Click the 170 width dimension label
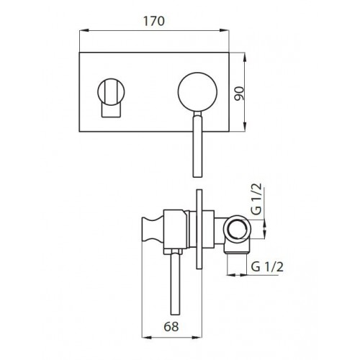[154, 21]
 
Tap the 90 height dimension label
[239, 94]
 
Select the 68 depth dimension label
[171, 327]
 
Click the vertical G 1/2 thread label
[256, 199]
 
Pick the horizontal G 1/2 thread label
[267, 266]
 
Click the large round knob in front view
[197, 92]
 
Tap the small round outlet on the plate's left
[111, 92]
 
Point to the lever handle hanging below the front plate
[198, 145]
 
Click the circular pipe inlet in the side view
[237, 229]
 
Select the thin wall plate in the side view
[199, 229]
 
